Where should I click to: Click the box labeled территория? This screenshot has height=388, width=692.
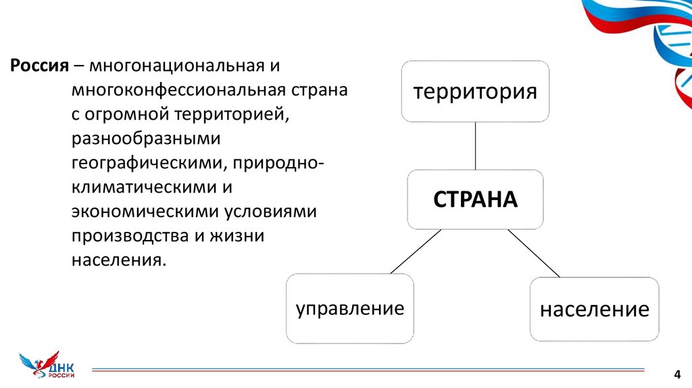point(475,91)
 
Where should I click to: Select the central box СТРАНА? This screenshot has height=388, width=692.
point(475,199)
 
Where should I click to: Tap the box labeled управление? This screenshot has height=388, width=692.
point(349,309)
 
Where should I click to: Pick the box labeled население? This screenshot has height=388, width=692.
point(594,310)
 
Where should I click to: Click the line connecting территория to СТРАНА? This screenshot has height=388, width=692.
point(475,145)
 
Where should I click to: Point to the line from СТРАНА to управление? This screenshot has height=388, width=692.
point(415,251)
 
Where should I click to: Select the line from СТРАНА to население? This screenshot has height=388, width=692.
point(534,253)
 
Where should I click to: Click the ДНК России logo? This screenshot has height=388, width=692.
point(47,366)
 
